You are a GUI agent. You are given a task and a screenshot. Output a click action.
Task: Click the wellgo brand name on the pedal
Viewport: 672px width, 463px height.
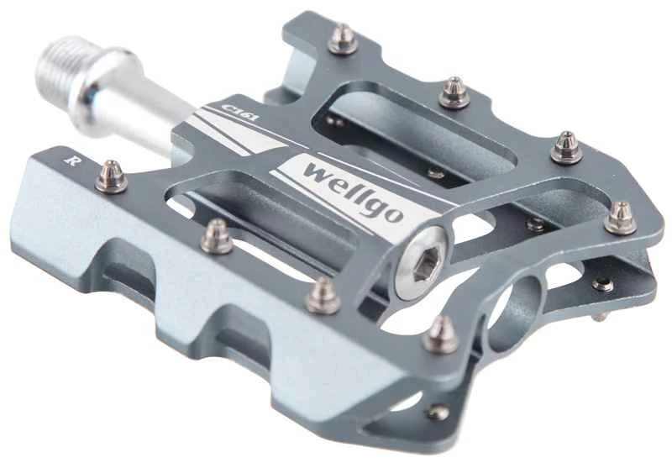pos(354,192)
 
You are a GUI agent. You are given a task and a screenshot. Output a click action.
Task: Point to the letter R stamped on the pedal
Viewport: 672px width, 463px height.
pos(71,160)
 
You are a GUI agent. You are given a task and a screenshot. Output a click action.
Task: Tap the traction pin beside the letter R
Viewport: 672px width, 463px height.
pos(111,176)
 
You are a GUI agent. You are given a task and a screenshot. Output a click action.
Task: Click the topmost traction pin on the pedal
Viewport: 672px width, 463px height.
pos(343,39)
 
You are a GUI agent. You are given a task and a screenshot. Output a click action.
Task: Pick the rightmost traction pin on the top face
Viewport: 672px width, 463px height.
pos(621,218)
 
